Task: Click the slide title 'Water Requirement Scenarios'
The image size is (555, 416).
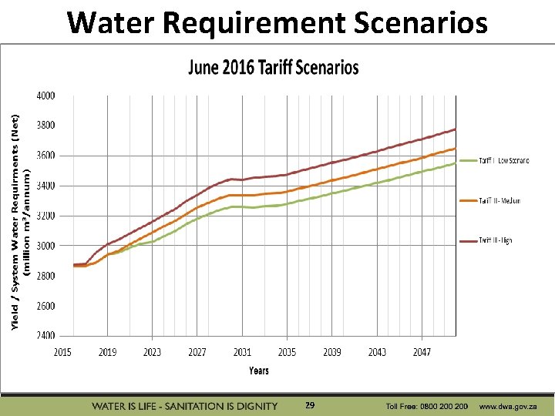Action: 277,23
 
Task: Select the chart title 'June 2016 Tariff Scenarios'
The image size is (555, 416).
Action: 274,68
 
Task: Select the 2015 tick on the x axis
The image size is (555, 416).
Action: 62,352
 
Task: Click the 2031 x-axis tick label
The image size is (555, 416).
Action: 242,352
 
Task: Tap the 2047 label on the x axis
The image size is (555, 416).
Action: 422,352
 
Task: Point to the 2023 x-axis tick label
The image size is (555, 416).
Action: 152,352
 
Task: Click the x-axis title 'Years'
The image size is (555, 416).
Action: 259,371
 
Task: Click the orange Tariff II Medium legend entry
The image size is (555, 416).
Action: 499,201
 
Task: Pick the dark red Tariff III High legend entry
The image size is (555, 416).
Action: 495,241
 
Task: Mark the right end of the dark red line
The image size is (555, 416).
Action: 456,129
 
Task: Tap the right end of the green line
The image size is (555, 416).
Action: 456,163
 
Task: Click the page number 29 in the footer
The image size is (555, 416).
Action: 310,404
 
